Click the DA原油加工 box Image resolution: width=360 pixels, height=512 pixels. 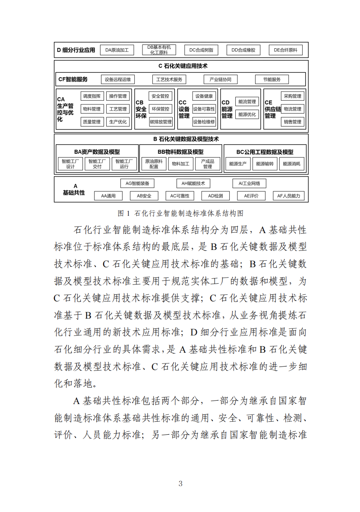point(117,50)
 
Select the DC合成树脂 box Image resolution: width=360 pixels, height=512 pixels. point(201,50)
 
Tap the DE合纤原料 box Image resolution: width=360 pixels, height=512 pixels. point(285,50)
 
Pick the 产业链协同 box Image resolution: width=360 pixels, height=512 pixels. point(220,79)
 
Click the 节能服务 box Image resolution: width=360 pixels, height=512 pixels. point(272,79)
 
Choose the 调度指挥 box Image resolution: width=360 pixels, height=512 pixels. point(92,96)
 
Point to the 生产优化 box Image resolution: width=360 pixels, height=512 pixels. point(118,122)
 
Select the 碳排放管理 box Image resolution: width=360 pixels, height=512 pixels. point(161,122)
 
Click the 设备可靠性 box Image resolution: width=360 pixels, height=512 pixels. point(204,109)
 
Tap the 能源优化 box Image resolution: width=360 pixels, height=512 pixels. point(247,114)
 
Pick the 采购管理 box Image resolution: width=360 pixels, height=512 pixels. point(293,96)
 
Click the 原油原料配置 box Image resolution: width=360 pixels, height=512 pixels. point(154,164)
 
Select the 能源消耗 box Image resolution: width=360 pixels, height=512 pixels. point(293,164)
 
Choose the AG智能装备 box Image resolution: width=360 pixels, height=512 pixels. point(137,183)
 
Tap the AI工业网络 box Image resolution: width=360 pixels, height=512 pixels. point(249,183)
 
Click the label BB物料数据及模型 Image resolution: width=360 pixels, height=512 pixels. point(180,152)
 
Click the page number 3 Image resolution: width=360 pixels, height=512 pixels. point(180,484)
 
